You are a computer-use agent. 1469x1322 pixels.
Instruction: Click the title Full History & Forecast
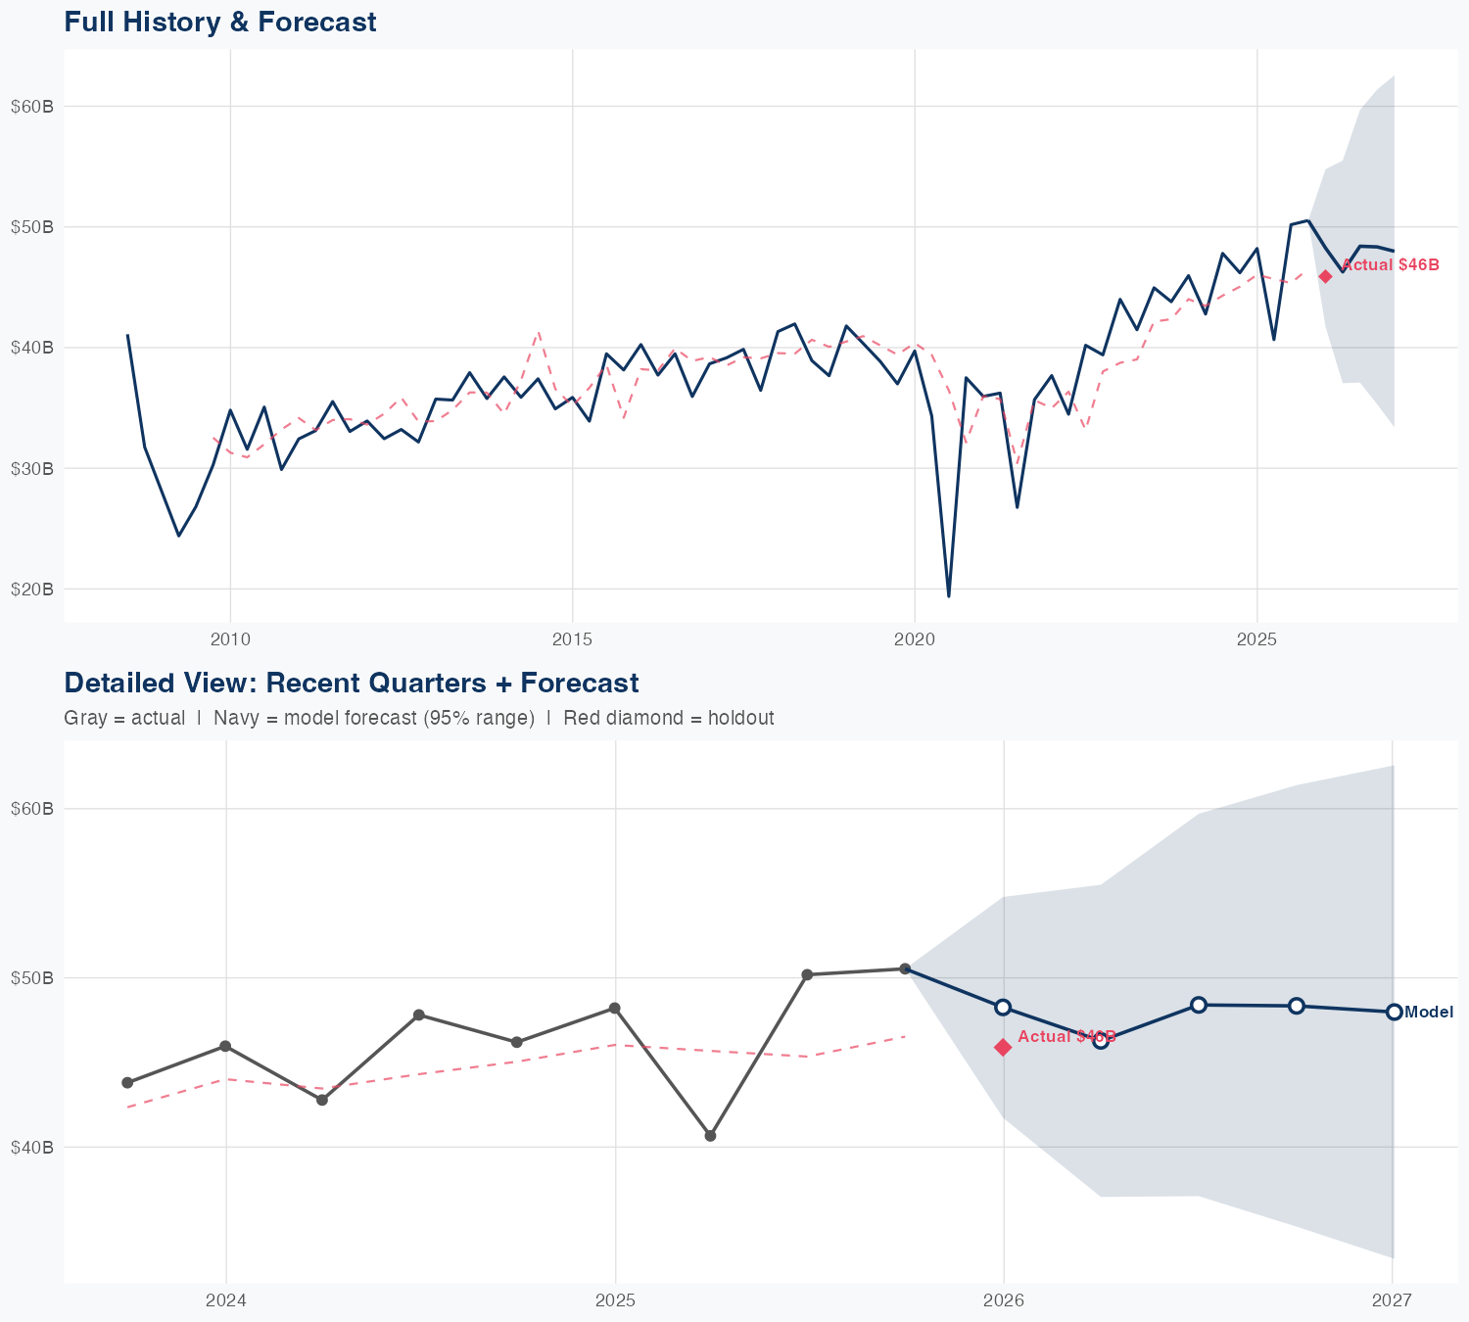pyautogui.click(x=219, y=22)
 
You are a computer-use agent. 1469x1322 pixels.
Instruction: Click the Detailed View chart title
pyautogui.click(x=351, y=683)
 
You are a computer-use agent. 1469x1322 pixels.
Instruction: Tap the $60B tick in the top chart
pyautogui.click(x=31, y=107)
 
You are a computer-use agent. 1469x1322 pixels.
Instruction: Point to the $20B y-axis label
pyautogui.click(x=31, y=590)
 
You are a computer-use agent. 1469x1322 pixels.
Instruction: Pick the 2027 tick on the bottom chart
pyautogui.click(x=1392, y=1300)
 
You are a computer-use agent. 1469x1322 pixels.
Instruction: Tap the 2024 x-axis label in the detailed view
pyautogui.click(x=226, y=1300)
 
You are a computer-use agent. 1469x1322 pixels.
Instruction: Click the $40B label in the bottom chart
pyautogui.click(x=31, y=1147)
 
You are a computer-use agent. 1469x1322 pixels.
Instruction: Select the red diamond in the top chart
pyautogui.click(x=1325, y=276)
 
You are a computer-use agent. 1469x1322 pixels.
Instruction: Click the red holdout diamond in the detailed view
pyautogui.click(x=1003, y=1047)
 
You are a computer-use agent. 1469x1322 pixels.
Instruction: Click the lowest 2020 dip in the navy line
pyautogui.click(x=948, y=595)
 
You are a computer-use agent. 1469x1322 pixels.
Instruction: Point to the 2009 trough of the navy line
pyautogui.click(x=178, y=536)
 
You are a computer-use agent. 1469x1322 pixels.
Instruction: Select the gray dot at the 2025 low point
pyautogui.click(x=710, y=1136)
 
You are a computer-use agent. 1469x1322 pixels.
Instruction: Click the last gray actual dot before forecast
pyautogui.click(x=905, y=968)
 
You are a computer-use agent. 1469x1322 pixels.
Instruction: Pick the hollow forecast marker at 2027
pyautogui.click(x=1394, y=1012)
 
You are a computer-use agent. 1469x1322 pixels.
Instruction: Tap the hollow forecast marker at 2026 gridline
pyautogui.click(x=1003, y=1007)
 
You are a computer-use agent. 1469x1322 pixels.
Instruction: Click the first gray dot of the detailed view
pyautogui.click(x=127, y=1082)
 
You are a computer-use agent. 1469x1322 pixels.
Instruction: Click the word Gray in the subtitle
pyautogui.click(x=83, y=718)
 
